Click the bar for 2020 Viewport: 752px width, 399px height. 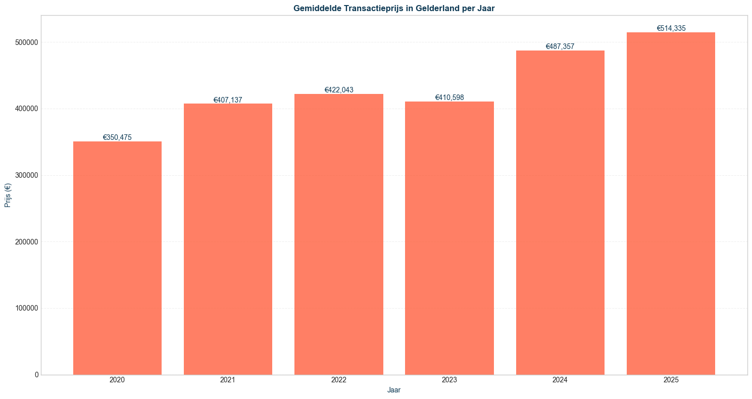[117, 258]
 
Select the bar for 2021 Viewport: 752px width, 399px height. [228, 239]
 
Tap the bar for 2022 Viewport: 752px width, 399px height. [338, 234]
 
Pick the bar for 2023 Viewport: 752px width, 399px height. [449, 238]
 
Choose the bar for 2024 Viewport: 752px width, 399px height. [560, 212]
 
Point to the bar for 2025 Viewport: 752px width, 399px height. [671, 203]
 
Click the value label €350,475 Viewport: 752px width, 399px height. [117, 137]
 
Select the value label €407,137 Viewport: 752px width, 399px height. [228, 100]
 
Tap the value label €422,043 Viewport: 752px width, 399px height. [339, 90]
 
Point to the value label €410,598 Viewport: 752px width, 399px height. [449, 97]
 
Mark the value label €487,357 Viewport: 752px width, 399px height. [560, 46]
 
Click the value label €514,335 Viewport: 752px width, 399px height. [671, 28]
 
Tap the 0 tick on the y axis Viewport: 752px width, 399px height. [36, 375]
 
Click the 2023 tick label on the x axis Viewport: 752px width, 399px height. [449, 380]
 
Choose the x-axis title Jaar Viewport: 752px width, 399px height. [394, 390]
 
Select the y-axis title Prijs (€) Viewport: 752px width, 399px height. [8, 195]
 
